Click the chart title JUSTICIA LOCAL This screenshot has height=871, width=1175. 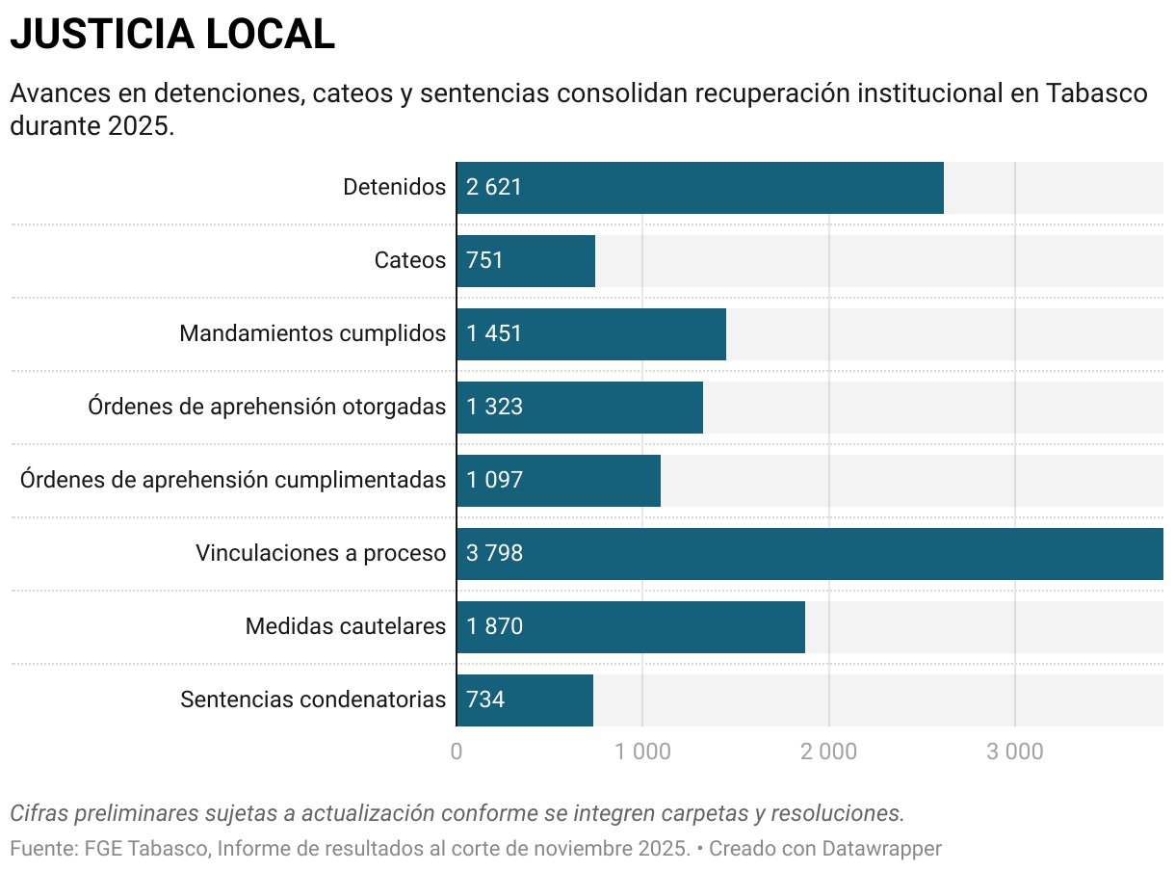[172, 35]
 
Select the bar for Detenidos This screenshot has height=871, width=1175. [699, 188]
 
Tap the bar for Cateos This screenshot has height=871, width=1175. [525, 261]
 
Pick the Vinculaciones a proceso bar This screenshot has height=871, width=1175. [809, 554]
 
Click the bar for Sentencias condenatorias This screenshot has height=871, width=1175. [524, 700]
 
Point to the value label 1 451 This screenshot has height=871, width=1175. [494, 334]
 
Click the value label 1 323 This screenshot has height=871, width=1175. [494, 408]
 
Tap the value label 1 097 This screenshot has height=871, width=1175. [494, 481]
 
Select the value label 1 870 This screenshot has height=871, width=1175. [494, 627]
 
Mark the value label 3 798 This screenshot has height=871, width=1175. [494, 554]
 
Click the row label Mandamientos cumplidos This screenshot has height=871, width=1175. [312, 334]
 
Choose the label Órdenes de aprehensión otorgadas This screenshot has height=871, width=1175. [267, 408]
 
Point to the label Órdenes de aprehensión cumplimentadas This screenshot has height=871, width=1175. [233, 481]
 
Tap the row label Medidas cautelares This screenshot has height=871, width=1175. [346, 627]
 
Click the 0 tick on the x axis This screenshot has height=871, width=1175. [457, 752]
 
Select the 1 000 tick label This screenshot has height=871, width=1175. [642, 752]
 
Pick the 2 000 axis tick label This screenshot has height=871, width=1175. [828, 752]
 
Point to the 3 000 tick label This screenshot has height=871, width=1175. [1014, 752]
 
